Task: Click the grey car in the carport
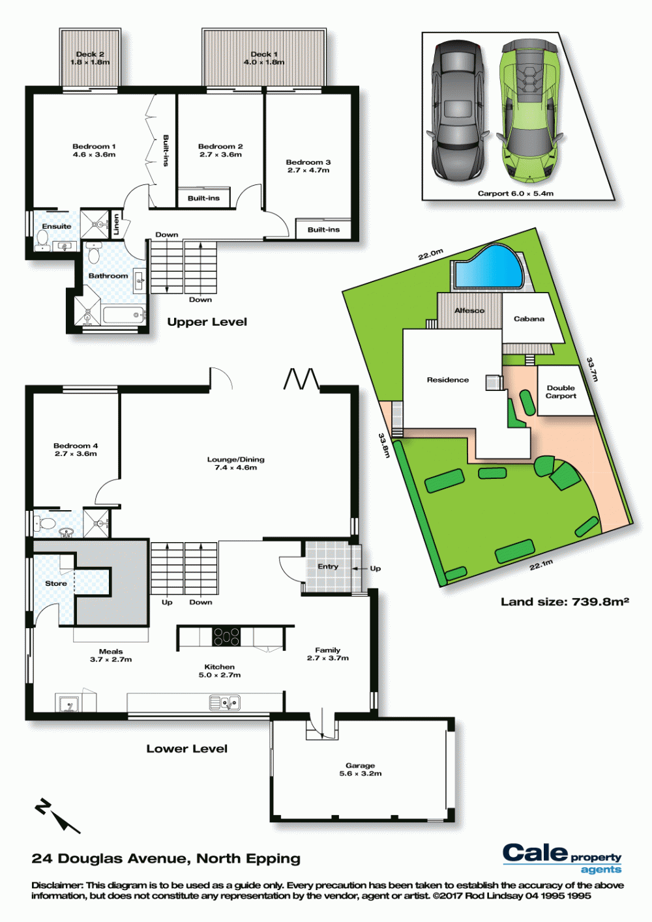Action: point(458,110)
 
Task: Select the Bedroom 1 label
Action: point(94,151)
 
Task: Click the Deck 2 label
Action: point(90,58)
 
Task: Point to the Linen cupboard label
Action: point(117,225)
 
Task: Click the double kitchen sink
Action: point(225,703)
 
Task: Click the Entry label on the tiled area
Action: point(328,566)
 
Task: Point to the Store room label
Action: point(56,583)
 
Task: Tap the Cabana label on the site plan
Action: point(529,319)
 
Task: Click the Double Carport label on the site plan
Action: point(561,392)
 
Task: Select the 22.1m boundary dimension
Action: point(541,565)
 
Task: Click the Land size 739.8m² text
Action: point(565,602)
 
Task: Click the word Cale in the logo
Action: point(535,852)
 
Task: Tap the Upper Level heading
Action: point(207,322)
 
